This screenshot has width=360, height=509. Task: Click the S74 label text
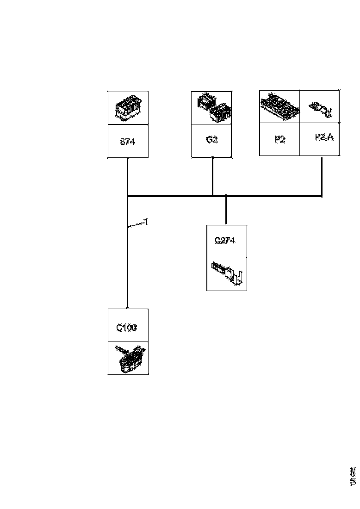point(127,142)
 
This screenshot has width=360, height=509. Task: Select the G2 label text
point(212,140)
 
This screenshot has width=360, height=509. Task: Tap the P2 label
point(280,140)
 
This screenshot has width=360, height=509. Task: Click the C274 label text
point(225,241)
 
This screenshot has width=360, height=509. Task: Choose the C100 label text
point(126,328)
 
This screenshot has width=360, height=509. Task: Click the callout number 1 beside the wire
point(146,222)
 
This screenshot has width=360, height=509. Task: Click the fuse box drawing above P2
point(279,106)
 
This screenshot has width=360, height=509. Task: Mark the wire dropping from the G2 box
point(212,176)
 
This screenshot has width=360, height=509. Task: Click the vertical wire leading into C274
point(226,211)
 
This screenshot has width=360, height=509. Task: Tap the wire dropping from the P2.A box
point(322,176)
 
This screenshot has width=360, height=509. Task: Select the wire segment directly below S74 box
point(127,176)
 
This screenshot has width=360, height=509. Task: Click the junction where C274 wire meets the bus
point(226,196)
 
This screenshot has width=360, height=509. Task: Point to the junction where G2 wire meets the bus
point(212,196)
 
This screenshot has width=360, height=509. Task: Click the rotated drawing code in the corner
point(353,477)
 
